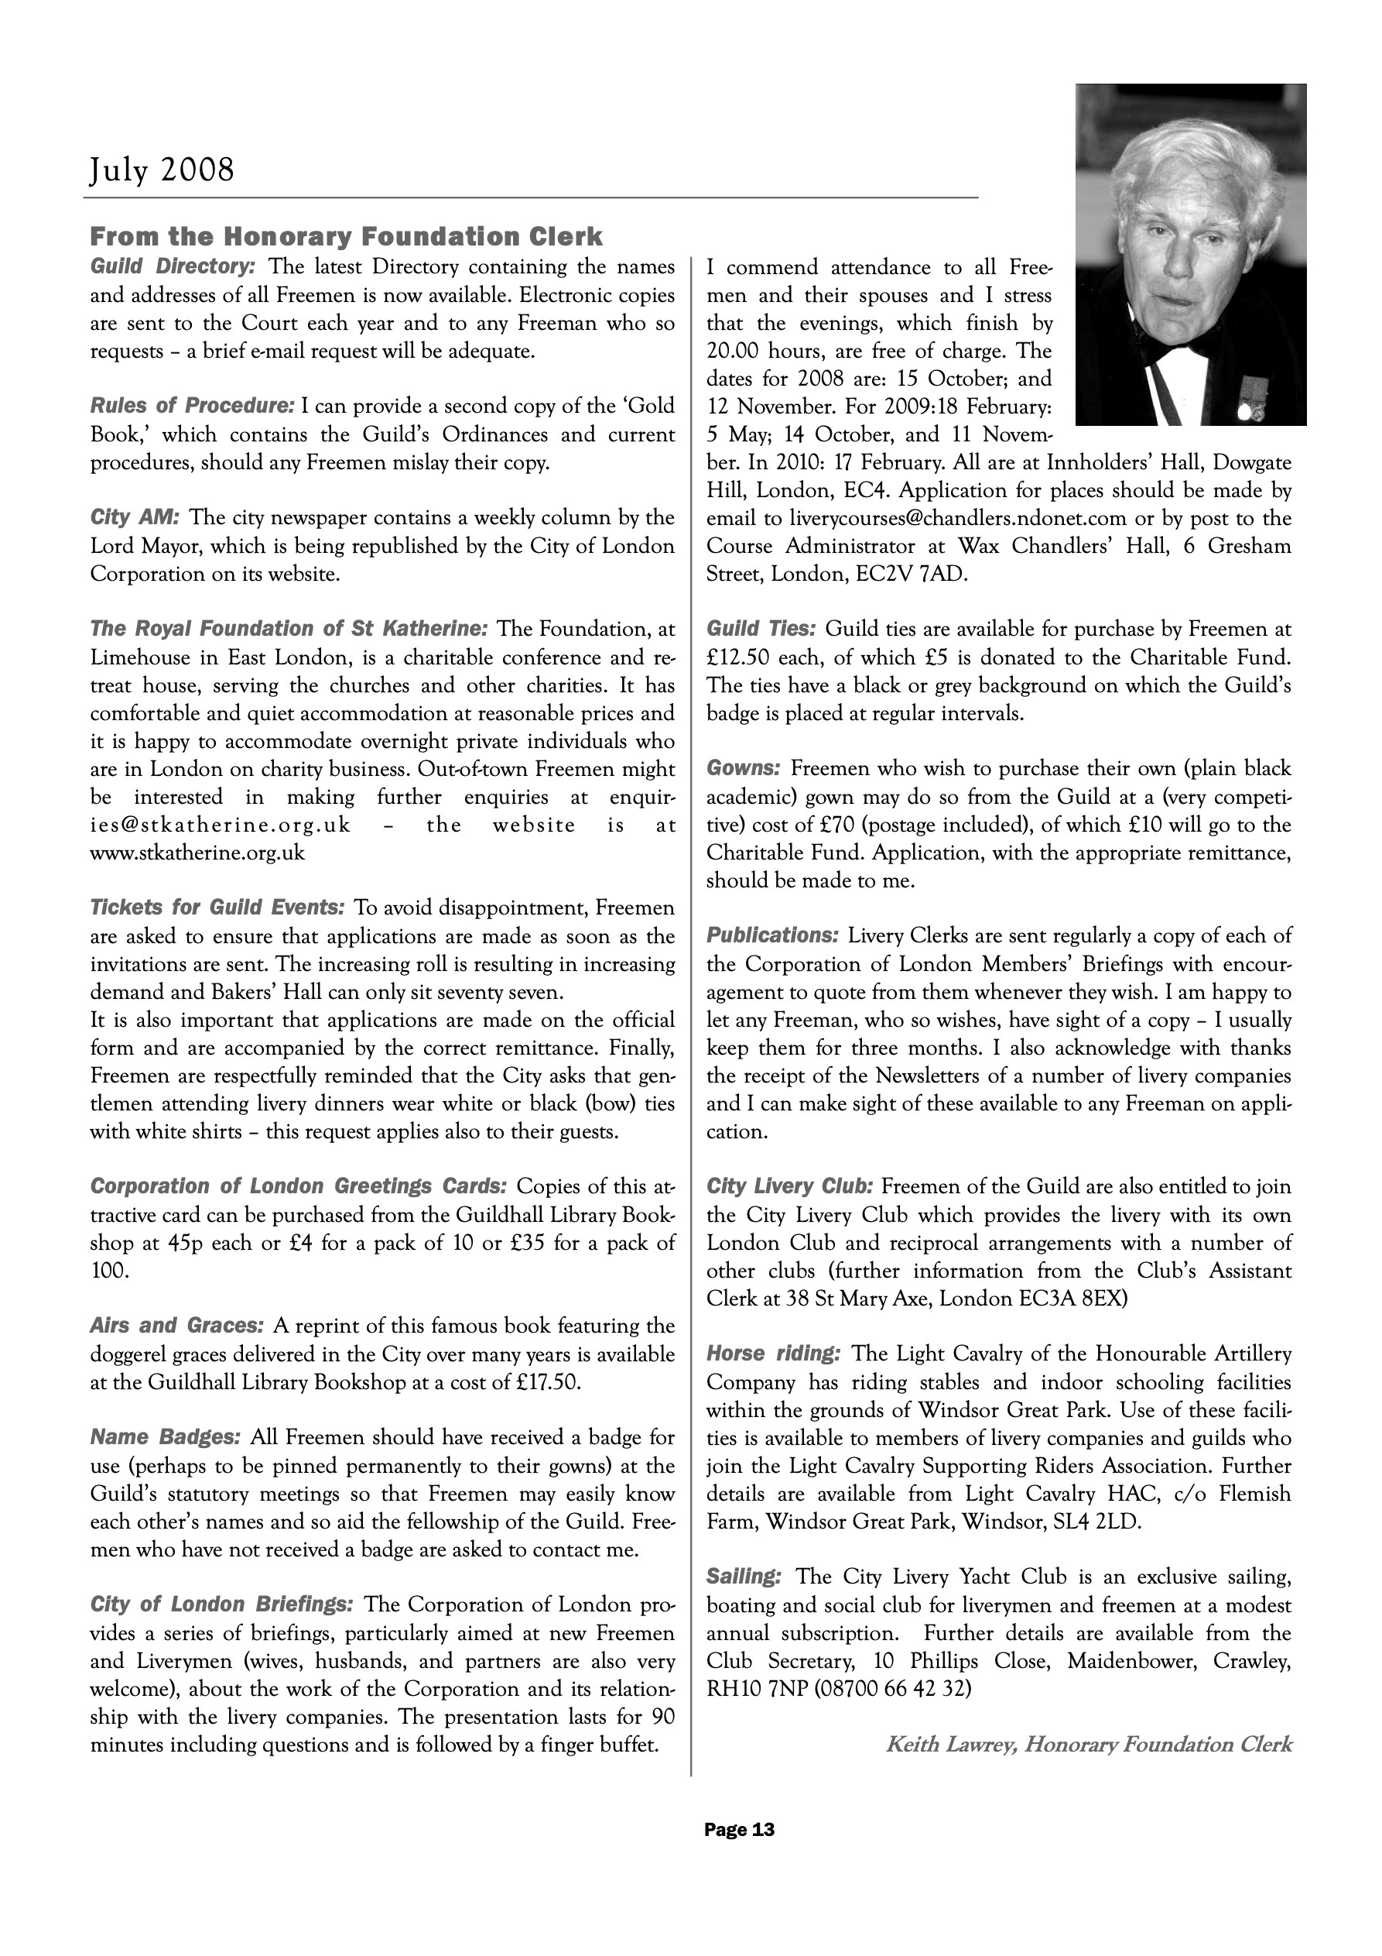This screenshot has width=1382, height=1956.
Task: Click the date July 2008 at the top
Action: click(x=162, y=170)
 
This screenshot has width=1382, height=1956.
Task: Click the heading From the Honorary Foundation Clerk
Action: click(x=347, y=236)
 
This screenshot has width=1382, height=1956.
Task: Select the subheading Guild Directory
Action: click(x=173, y=266)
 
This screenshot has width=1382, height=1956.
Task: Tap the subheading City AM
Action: click(x=135, y=518)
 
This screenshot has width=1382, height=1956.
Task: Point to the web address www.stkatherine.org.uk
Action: click(x=197, y=853)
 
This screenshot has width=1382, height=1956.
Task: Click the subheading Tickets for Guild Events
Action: click(x=217, y=908)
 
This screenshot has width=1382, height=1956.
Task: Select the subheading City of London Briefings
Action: click(x=221, y=1605)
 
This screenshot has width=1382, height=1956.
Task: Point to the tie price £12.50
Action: click(x=738, y=657)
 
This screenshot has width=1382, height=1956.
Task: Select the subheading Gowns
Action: click(x=744, y=768)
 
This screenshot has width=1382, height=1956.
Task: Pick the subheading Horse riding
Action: click(x=774, y=1354)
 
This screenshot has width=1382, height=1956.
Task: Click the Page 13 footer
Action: click(x=739, y=1830)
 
